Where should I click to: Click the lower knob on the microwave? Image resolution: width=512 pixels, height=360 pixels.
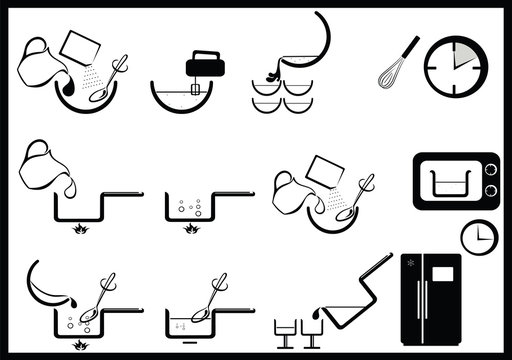coord(491,191)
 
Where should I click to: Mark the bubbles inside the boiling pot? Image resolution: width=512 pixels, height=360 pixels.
coord(190,207)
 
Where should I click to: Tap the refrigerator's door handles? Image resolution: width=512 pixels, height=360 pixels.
coord(431,300)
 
